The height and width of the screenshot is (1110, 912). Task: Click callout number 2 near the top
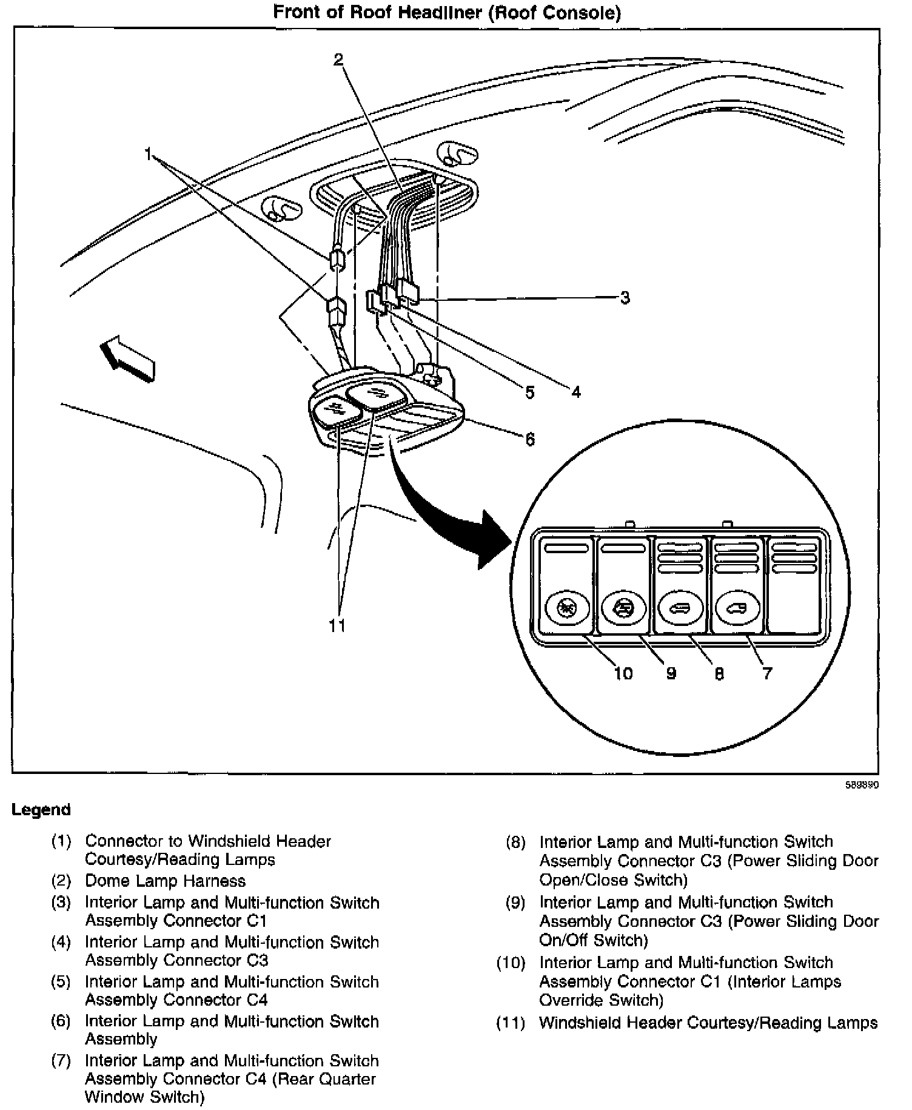[x=338, y=59]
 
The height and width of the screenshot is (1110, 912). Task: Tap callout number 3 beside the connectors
[x=625, y=298]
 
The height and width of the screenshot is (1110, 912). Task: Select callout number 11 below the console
[x=337, y=625]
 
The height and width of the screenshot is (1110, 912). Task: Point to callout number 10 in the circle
[x=623, y=673]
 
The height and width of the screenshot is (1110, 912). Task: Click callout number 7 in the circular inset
[x=767, y=673]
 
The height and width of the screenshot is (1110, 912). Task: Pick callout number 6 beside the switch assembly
[x=530, y=439]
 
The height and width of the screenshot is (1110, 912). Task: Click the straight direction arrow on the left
[x=128, y=360]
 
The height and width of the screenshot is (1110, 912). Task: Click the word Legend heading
[x=41, y=810]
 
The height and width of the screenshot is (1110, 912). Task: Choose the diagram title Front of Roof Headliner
[x=447, y=12]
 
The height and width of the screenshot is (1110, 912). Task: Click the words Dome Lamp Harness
[x=165, y=881]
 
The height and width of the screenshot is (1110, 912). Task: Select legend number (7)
[x=61, y=1061]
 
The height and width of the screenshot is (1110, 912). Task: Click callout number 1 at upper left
[x=148, y=155]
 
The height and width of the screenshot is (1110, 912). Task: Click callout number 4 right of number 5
[x=575, y=392]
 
